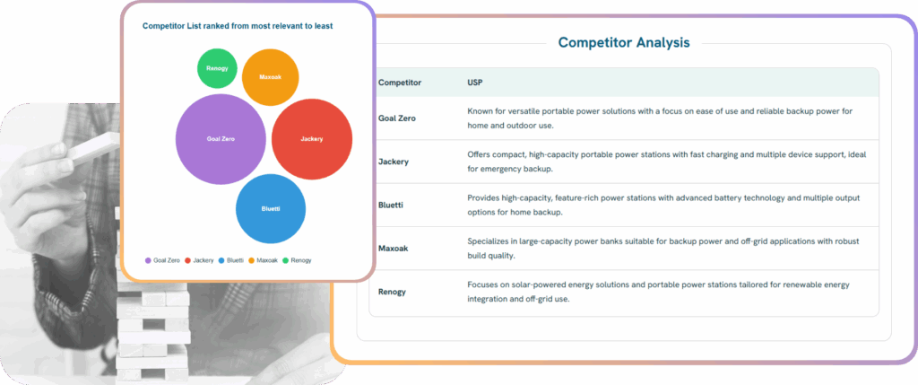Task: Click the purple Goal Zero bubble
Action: [x=221, y=139]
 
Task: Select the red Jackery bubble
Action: [x=312, y=139]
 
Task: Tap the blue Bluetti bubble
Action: [x=271, y=208]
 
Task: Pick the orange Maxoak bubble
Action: [x=271, y=77]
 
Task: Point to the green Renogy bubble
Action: [x=217, y=68]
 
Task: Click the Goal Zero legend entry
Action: [x=162, y=260]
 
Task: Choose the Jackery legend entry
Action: [x=199, y=260]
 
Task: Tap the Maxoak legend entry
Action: [x=263, y=260]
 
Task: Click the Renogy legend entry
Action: [x=297, y=260]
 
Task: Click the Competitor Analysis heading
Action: [x=624, y=43]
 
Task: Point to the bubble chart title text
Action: [x=238, y=26]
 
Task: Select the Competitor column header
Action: [x=399, y=83]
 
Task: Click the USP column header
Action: [x=475, y=83]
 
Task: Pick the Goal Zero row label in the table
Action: [x=397, y=118]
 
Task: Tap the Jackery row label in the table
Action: [x=394, y=162]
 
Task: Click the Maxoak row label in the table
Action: [x=394, y=249]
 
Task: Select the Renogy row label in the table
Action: [x=393, y=292]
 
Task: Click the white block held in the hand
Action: [x=93, y=145]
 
